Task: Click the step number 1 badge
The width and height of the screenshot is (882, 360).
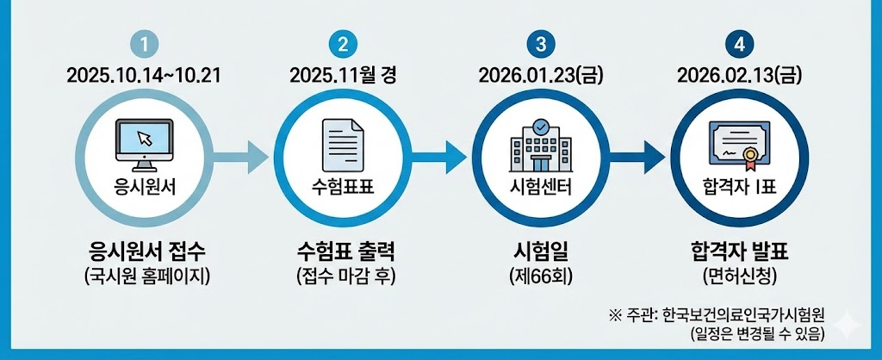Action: pyautogui.click(x=144, y=44)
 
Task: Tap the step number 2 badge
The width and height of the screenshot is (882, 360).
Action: pyautogui.click(x=343, y=44)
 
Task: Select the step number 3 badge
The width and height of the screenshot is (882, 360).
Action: pyautogui.click(x=541, y=44)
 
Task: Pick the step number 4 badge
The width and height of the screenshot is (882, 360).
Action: pyautogui.click(x=739, y=44)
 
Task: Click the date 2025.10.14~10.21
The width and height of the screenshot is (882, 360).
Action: pyautogui.click(x=144, y=75)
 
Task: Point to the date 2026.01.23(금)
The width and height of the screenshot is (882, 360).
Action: pyautogui.click(x=541, y=75)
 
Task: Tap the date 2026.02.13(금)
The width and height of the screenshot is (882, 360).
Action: pyautogui.click(x=739, y=75)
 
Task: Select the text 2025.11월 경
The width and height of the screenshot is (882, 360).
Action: pyautogui.click(x=343, y=75)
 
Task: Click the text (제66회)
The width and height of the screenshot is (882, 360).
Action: pyautogui.click(x=541, y=277)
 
